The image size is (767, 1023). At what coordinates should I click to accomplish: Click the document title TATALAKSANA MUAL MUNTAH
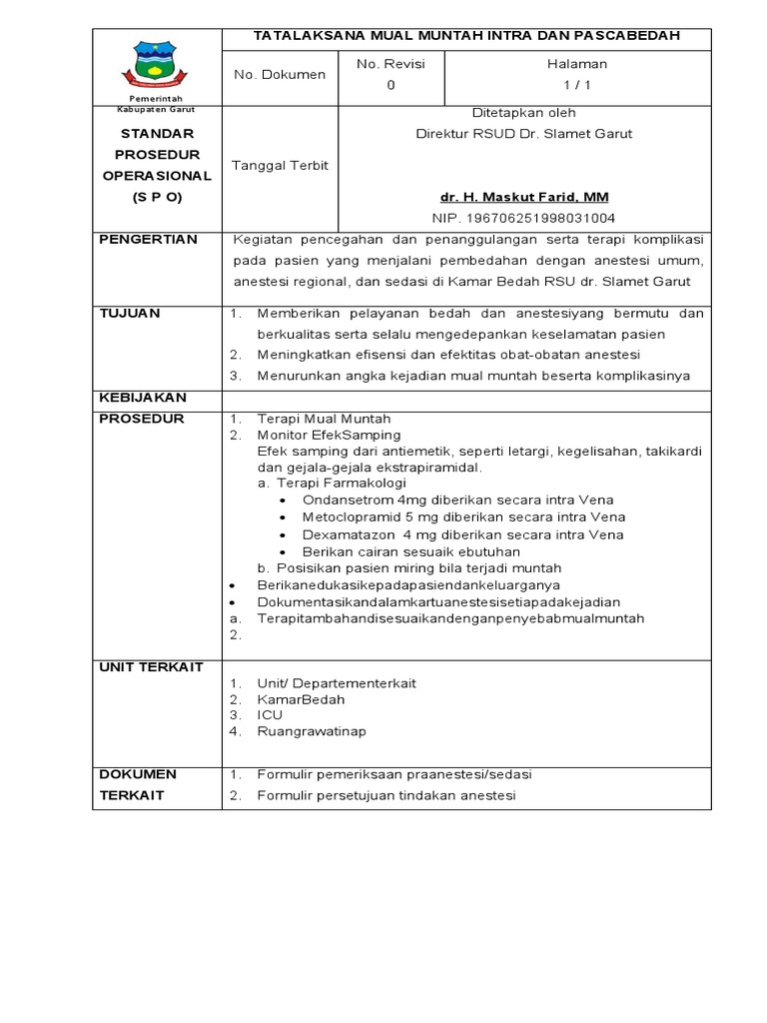466,36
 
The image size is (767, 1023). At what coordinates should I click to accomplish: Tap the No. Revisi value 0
390,85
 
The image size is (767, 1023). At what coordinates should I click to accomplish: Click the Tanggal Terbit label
279,165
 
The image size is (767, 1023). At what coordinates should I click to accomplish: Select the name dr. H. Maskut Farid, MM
524,196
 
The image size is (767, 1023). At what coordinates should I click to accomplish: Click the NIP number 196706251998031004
523,217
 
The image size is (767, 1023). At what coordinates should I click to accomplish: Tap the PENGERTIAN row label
148,240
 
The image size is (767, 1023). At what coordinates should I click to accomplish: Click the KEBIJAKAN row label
142,398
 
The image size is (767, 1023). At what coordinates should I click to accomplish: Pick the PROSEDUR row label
142,419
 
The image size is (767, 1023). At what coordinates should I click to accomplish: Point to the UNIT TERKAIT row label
151,666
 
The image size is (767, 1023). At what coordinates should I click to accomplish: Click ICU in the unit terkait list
270,715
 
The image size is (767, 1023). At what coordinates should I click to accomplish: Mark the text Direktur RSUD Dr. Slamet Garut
523,134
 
